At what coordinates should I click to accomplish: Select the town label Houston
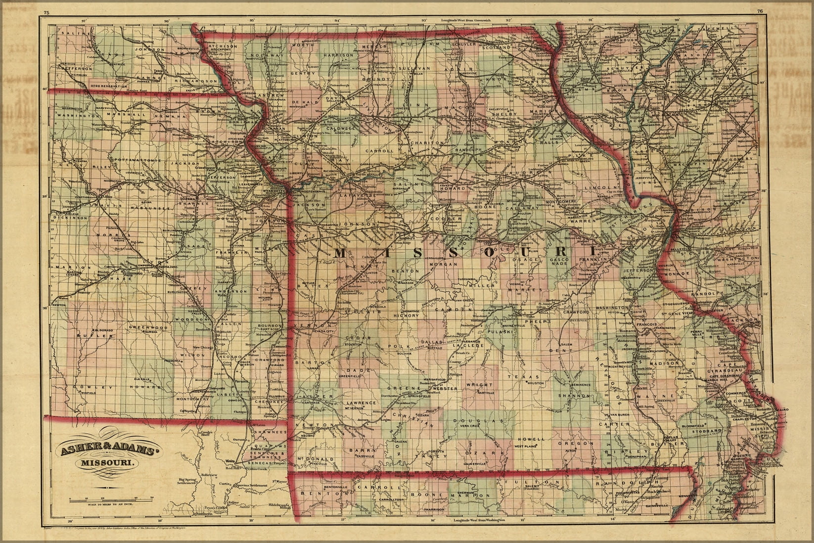(535, 383)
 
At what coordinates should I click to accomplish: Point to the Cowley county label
(88, 387)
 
